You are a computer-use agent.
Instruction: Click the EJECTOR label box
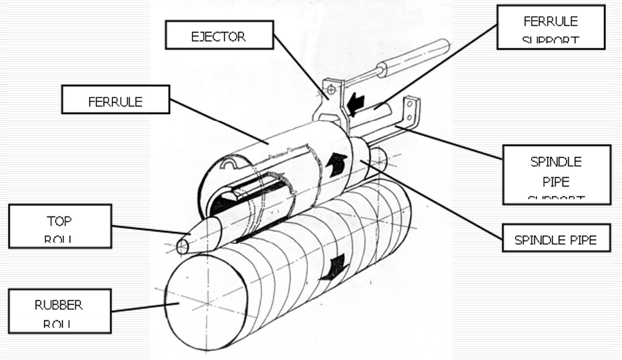pyautogui.click(x=218, y=36)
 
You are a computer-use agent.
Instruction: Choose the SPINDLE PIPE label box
pyautogui.click(x=556, y=241)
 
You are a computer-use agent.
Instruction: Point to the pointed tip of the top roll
pyautogui.click(x=182, y=246)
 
